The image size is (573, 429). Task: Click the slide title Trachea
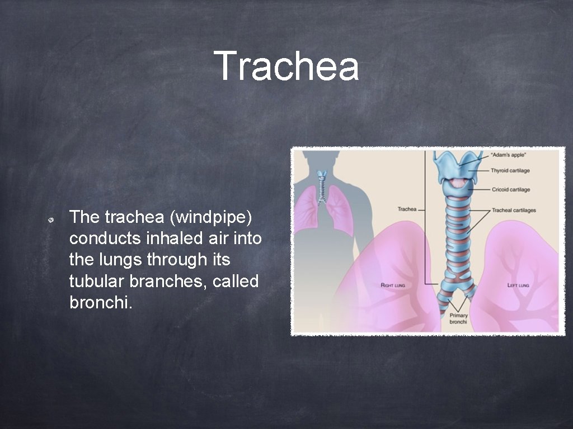(286, 66)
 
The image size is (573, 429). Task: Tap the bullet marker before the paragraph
(50, 221)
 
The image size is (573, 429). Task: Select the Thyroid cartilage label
(510, 170)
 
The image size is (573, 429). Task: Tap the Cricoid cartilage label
(510, 189)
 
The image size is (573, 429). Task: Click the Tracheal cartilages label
(513, 210)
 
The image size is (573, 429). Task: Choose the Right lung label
(393, 285)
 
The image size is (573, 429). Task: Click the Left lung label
(518, 285)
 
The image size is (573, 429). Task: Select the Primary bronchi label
(459, 318)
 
